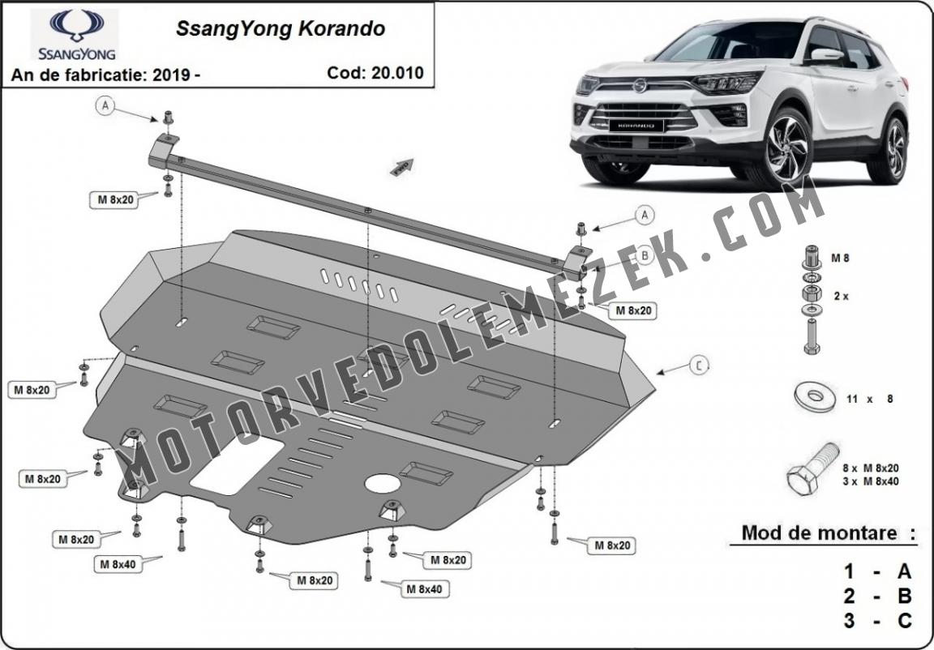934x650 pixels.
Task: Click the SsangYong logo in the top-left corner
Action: tap(75, 35)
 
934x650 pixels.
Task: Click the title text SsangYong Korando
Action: tap(280, 28)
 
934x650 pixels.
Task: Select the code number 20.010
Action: tap(396, 73)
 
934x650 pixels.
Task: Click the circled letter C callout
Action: tap(700, 365)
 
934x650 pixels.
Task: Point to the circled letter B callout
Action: tap(645, 256)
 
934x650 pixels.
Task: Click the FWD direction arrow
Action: tap(402, 166)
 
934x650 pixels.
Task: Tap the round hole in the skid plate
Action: tap(382, 483)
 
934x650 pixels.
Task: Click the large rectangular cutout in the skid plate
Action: tap(237, 464)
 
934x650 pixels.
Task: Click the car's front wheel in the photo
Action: tap(786, 149)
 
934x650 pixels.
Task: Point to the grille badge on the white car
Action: tap(640, 86)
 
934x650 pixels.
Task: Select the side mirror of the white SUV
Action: tap(825, 55)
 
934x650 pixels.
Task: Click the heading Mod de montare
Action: tap(819, 532)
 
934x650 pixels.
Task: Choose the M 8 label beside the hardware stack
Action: tap(840, 259)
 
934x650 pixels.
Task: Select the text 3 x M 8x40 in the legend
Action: tap(871, 481)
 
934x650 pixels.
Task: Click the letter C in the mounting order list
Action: tap(904, 621)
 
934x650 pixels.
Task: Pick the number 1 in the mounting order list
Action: tap(849, 572)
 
